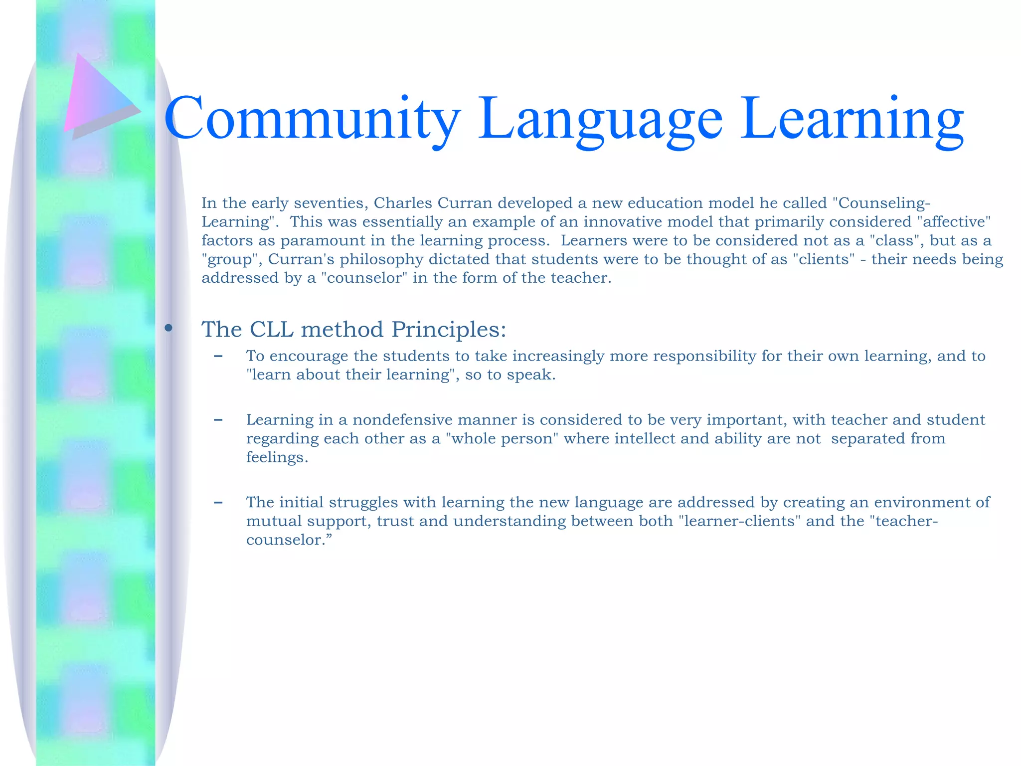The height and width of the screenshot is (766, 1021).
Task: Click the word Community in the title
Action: (x=312, y=119)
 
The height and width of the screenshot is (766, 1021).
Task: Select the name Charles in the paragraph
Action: (x=403, y=203)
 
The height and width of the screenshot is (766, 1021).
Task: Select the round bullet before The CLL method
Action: (x=169, y=328)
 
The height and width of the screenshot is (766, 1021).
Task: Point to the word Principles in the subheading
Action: (x=449, y=329)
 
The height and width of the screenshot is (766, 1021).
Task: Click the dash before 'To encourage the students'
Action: (x=218, y=356)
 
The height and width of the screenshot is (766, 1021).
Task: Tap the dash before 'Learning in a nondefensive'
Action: (x=218, y=420)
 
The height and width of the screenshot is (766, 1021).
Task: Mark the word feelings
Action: (x=277, y=457)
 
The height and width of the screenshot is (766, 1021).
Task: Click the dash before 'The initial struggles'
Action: (x=218, y=502)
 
